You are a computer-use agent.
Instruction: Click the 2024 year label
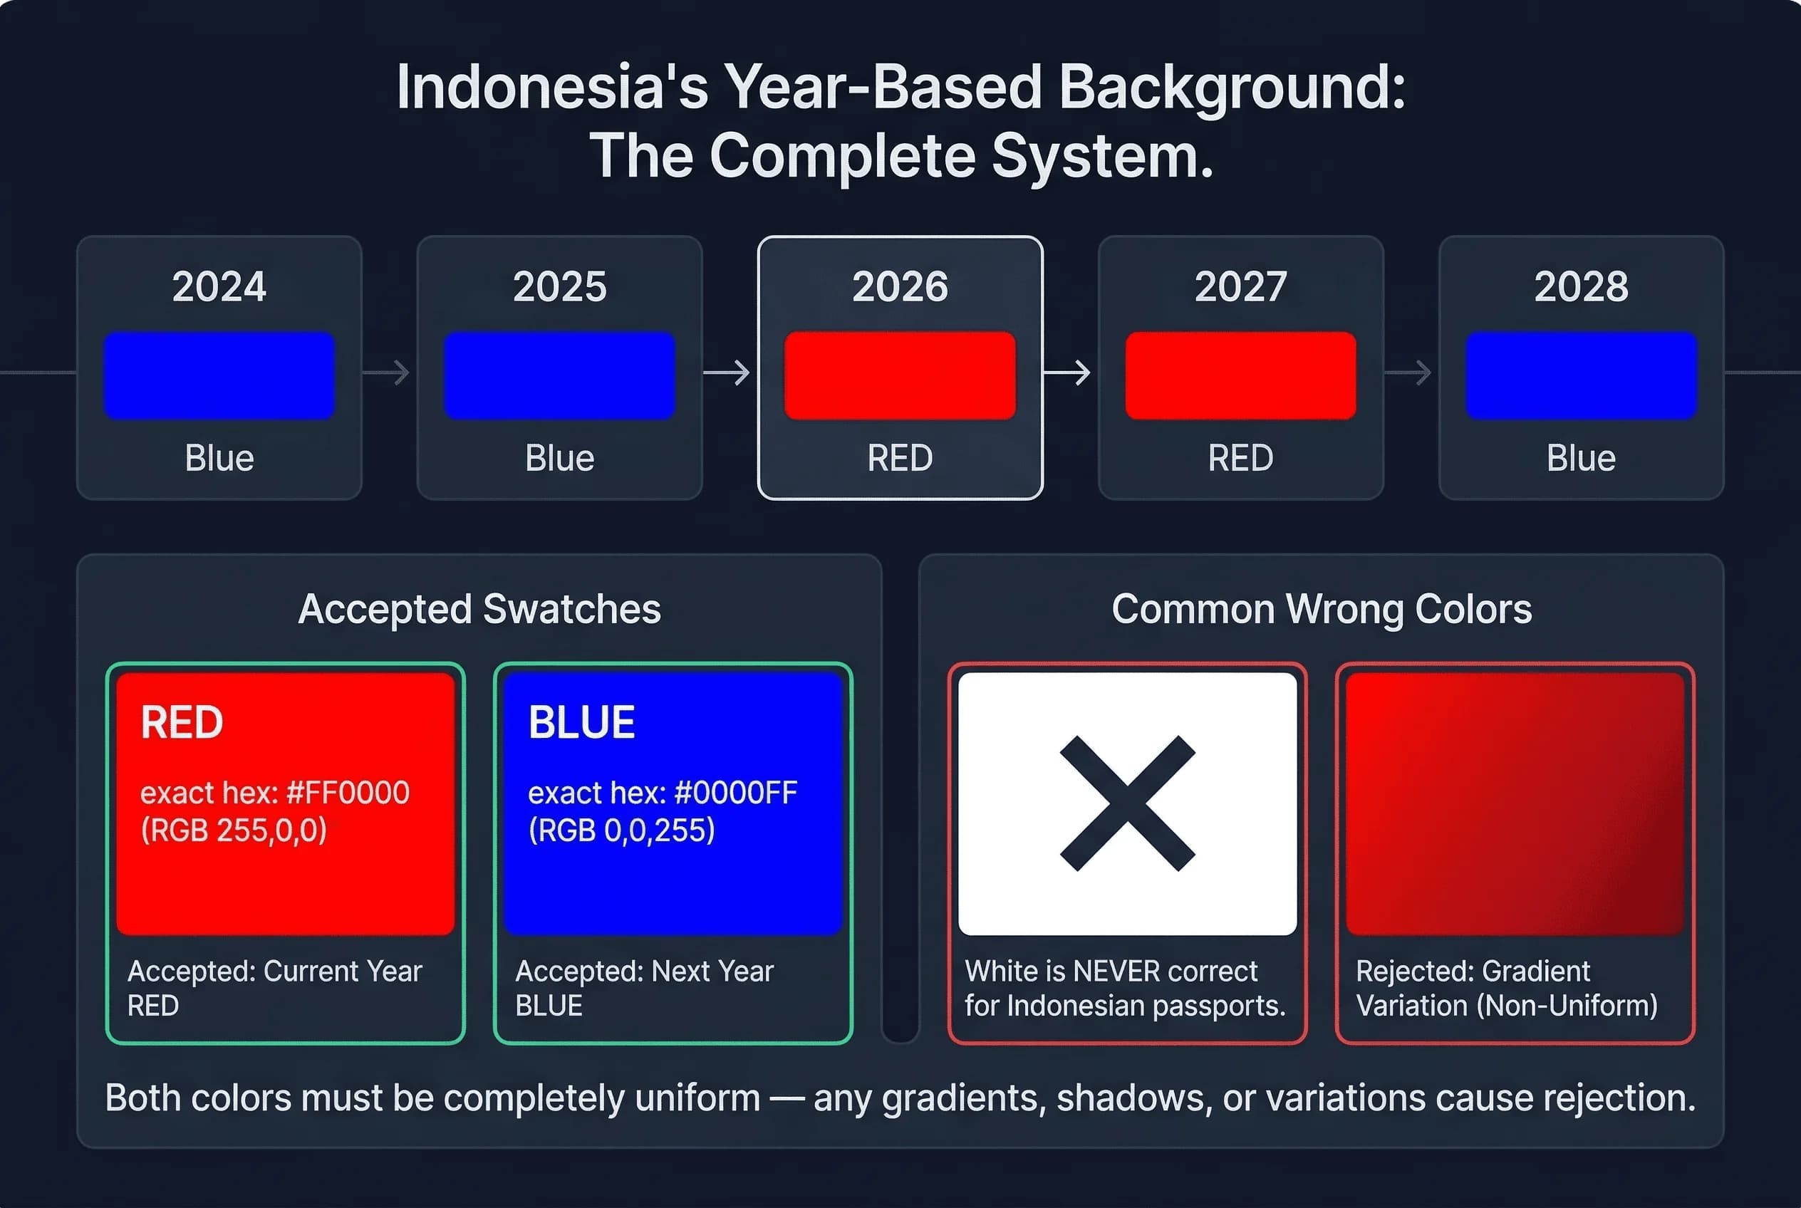[x=219, y=286]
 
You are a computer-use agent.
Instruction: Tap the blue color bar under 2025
[x=559, y=375]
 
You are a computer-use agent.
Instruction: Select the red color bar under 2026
[x=899, y=375]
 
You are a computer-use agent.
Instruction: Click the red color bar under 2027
[x=1240, y=375]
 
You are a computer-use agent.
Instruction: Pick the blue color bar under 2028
[x=1581, y=375]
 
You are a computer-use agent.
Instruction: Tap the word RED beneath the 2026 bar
[x=899, y=459]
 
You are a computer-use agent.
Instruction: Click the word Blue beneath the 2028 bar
[x=1581, y=459]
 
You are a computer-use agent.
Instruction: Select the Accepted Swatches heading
[x=479, y=610]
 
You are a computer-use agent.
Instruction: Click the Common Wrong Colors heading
[x=1321, y=610]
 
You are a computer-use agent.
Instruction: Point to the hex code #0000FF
[x=735, y=793]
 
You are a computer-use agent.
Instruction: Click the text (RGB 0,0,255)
[x=621, y=830]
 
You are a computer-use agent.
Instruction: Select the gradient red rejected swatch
[x=1515, y=803]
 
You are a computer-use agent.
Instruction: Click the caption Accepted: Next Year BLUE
[x=643, y=988]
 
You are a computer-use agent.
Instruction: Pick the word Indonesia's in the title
[x=552, y=87]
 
